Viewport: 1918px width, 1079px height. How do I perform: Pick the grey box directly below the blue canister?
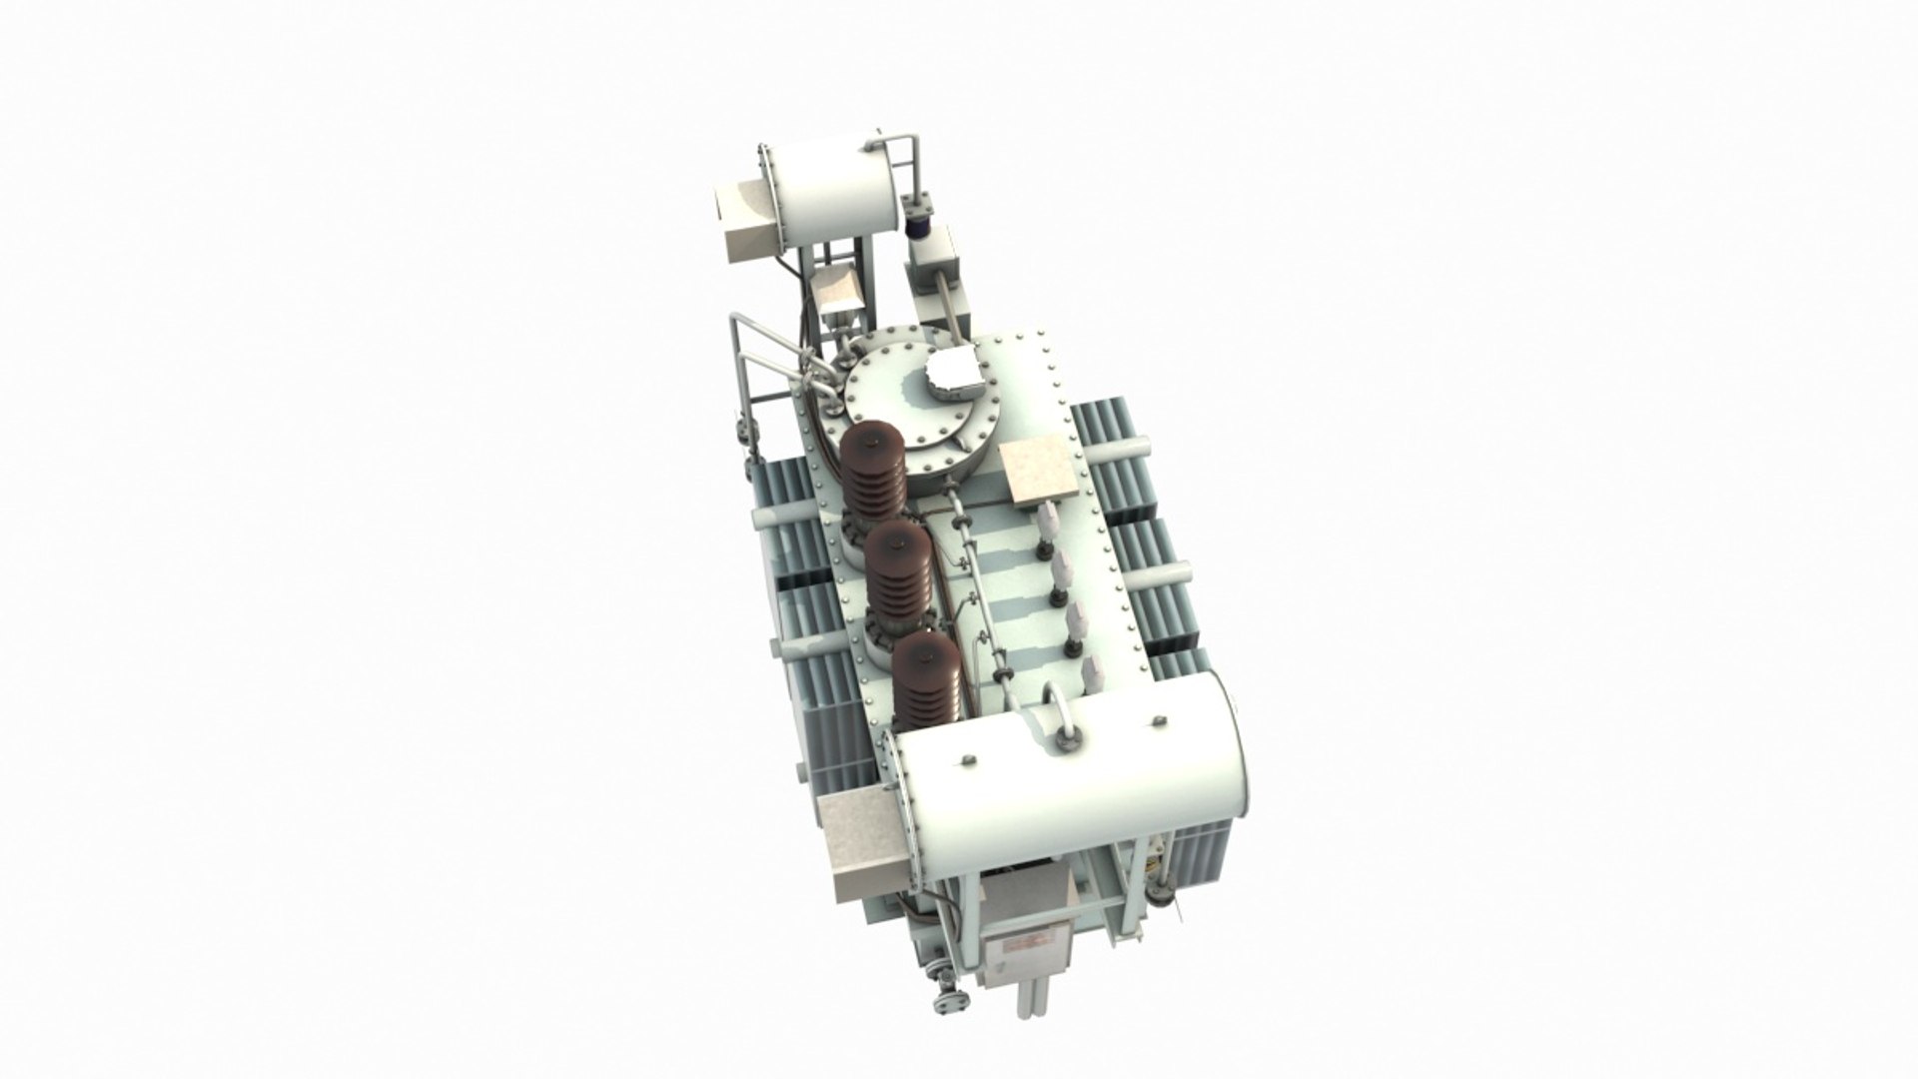(x=932, y=272)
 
